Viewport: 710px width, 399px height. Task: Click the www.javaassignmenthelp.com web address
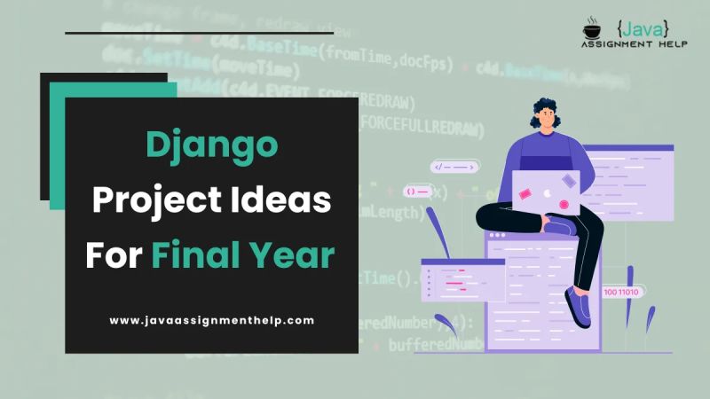(x=212, y=320)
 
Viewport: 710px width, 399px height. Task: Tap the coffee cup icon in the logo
(x=592, y=30)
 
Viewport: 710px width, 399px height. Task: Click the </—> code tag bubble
(x=454, y=166)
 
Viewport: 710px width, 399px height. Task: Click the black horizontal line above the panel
(x=199, y=33)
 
